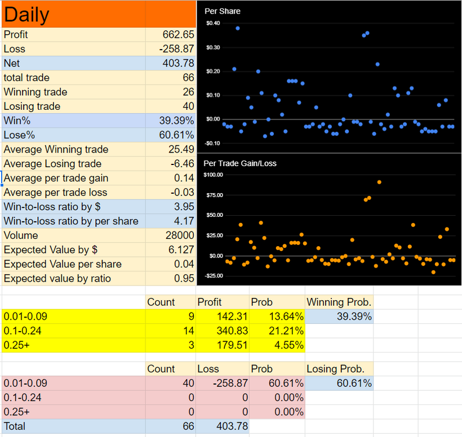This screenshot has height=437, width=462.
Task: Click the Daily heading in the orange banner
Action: click(26, 15)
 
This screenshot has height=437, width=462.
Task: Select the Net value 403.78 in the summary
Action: click(178, 63)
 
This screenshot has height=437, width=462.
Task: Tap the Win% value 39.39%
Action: click(176, 121)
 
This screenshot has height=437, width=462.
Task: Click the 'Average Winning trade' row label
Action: click(56, 149)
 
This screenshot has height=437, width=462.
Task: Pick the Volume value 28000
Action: click(180, 235)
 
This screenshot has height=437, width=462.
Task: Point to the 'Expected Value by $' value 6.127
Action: click(181, 249)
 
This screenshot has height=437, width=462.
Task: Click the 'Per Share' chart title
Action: click(223, 11)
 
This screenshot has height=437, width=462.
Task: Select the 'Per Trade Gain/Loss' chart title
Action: click(240, 163)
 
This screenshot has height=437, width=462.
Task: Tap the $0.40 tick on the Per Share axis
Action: click(213, 23)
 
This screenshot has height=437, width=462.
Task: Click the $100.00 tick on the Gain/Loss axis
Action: click(214, 175)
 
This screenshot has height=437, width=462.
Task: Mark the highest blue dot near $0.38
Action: click(238, 28)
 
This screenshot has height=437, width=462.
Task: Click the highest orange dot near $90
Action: click(379, 182)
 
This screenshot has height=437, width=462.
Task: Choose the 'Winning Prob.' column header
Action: click(339, 302)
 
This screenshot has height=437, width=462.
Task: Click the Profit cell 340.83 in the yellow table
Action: click(232, 331)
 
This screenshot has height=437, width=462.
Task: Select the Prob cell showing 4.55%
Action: click(288, 345)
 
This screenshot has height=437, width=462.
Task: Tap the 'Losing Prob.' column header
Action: click(335, 369)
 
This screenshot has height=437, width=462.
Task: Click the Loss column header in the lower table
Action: click(208, 369)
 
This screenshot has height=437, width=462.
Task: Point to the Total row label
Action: click(15, 426)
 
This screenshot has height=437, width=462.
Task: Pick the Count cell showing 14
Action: click(189, 331)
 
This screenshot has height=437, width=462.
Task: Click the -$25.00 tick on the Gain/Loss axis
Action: click(214, 275)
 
